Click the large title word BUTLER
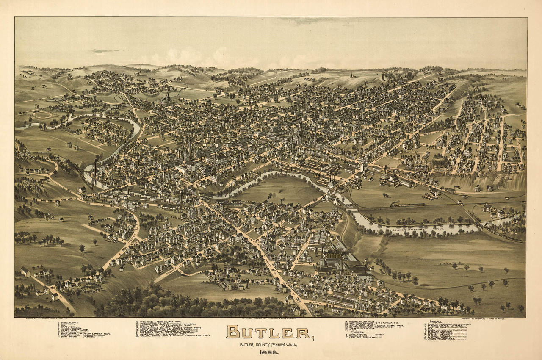pyautogui.click(x=268, y=332)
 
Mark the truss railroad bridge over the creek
pyautogui.click(x=351, y=206)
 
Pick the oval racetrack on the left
pyautogui.click(x=42, y=115)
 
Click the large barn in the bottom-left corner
pyautogui.click(x=25, y=271)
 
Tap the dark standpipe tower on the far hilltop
pyautogui.click(x=384, y=76)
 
